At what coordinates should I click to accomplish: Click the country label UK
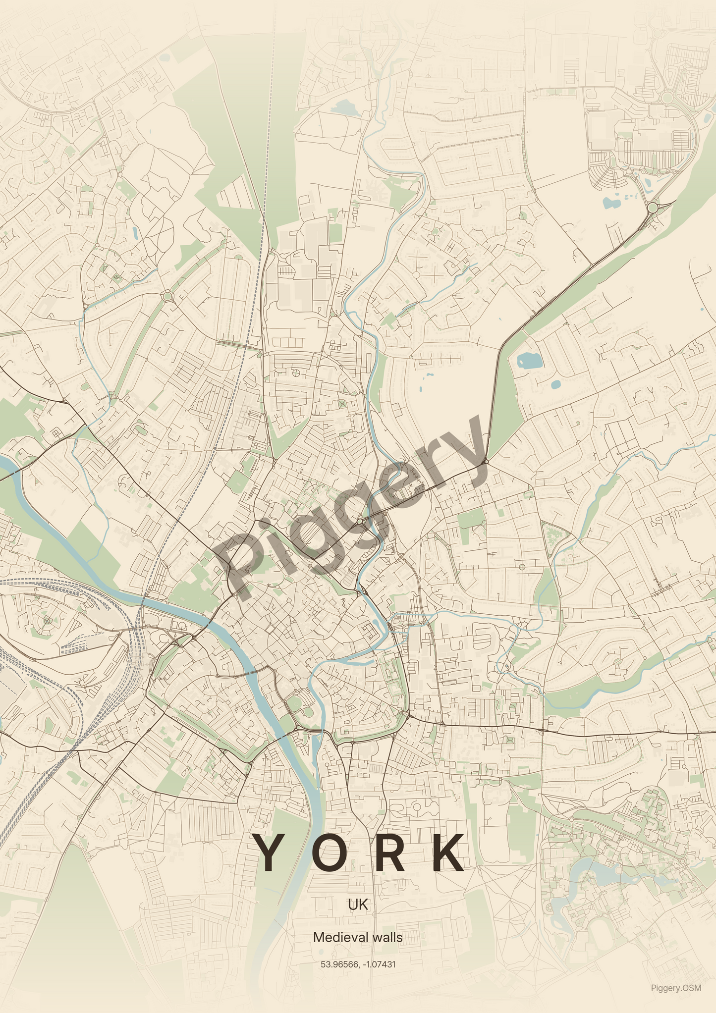[x=358, y=905]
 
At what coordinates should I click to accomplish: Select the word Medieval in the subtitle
[x=336, y=937]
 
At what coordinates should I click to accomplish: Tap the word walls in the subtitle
[x=387, y=937]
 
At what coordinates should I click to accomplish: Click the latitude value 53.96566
[x=339, y=964]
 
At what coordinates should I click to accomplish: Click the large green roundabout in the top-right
[x=653, y=207]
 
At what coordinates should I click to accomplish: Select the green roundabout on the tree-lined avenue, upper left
[x=167, y=296]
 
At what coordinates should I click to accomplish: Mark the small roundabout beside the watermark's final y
[x=486, y=462]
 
